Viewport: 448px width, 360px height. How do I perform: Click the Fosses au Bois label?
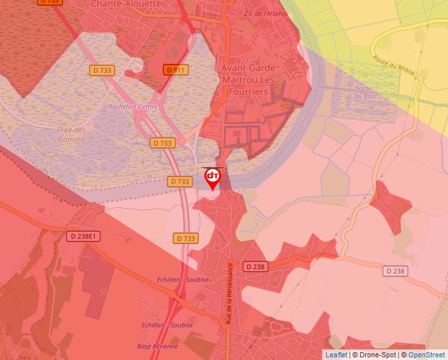point(364,91)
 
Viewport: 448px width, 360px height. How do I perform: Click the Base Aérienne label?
point(157,346)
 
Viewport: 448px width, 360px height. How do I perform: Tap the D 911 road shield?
point(177,69)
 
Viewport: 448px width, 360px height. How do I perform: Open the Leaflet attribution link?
point(335,355)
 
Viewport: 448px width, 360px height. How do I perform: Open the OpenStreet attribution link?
point(426,355)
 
